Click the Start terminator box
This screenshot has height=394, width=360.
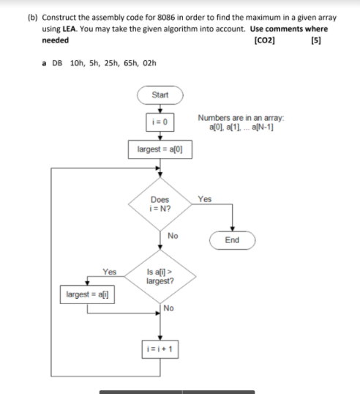point(160,95)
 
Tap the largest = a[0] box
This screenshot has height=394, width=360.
point(160,149)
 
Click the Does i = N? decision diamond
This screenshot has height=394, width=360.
point(160,203)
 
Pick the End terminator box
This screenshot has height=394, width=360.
point(233,239)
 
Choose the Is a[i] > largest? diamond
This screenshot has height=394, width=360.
point(160,277)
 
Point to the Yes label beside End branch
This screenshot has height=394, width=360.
point(204,198)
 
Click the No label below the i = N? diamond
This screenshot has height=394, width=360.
point(173,236)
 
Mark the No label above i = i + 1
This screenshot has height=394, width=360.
point(170,308)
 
